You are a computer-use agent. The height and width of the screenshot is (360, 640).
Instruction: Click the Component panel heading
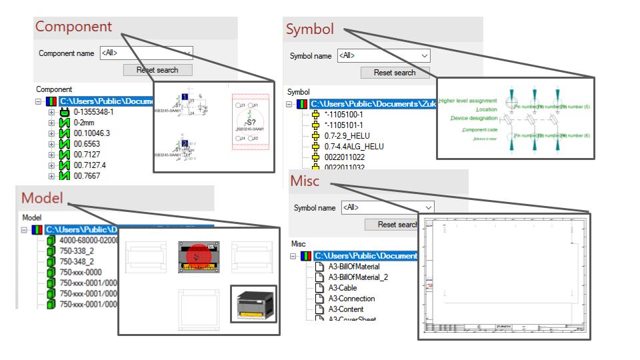tap(73, 27)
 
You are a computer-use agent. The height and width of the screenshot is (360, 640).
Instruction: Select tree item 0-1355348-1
tap(93, 112)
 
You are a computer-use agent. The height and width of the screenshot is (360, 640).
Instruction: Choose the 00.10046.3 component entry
tap(91, 133)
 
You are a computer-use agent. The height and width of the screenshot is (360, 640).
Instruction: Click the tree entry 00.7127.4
tap(89, 165)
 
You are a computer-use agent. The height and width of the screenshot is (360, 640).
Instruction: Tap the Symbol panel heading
tap(310, 29)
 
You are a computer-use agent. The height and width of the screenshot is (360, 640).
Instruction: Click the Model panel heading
tap(42, 198)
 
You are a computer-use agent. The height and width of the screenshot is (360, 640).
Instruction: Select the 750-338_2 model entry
tap(77, 251)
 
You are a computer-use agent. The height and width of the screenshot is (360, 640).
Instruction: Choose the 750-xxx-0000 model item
tap(81, 272)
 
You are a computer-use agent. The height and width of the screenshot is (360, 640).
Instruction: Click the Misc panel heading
tap(305, 181)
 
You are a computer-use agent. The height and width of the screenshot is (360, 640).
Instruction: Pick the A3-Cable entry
tap(342, 288)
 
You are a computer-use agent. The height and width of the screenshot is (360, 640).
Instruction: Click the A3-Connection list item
tap(351, 299)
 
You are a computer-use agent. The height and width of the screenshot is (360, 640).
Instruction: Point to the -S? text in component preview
tap(250, 123)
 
